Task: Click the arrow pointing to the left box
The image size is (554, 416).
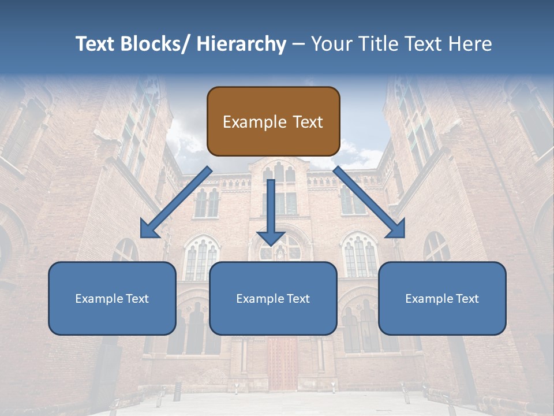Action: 176,202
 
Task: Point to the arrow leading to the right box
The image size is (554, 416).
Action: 369,202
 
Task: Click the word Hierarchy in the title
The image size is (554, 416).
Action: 241,44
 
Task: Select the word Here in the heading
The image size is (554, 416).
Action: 470,44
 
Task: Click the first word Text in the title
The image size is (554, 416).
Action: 96,44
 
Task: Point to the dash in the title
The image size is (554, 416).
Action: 298,44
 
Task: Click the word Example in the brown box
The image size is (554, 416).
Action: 254,122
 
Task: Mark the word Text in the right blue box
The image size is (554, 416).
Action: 468,299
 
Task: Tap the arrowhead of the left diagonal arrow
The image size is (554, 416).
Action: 148,229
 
